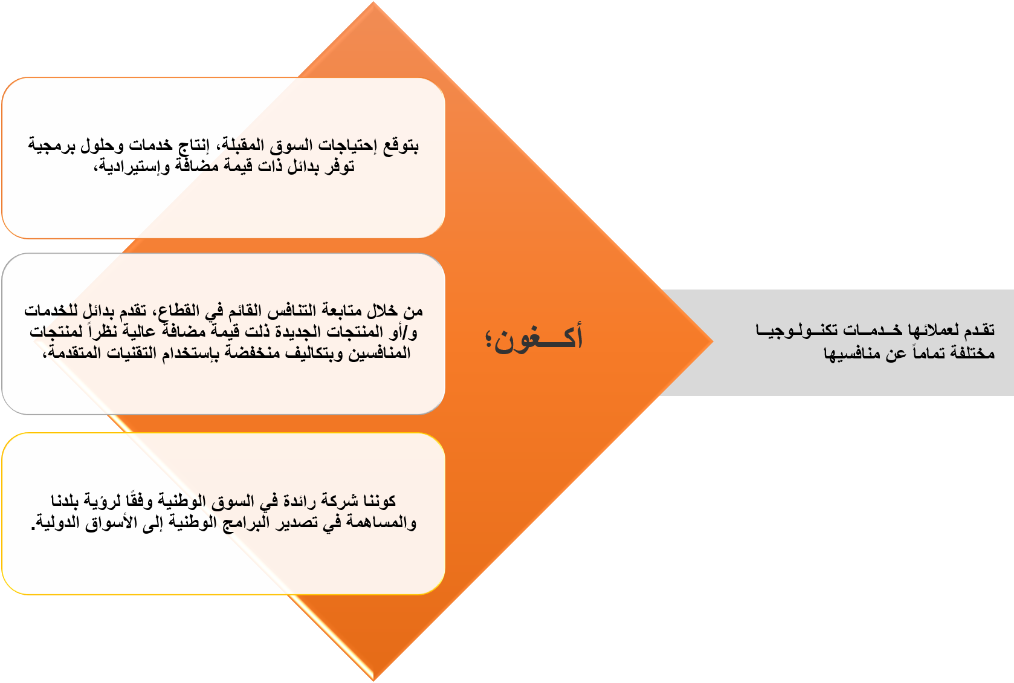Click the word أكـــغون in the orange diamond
[538, 338]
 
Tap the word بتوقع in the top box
[401, 145]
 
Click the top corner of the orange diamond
[373, 2]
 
